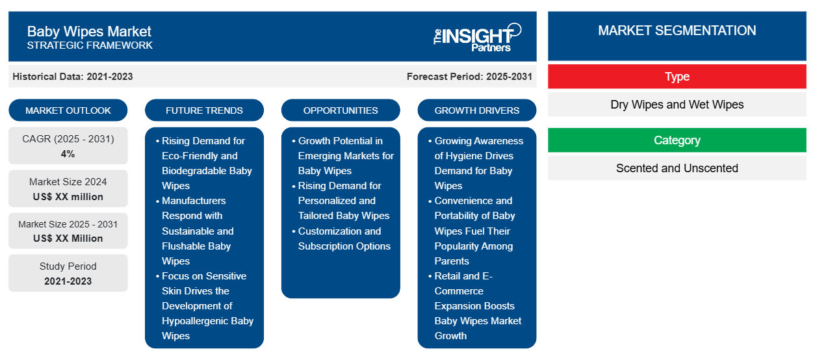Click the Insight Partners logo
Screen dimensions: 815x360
click(x=477, y=38)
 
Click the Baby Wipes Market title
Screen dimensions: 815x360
click(x=89, y=32)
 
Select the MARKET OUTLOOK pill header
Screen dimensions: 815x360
click(x=68, y=110)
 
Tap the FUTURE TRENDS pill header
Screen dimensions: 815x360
click(x=204, y=110)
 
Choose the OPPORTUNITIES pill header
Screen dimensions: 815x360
click(x=341, y=110)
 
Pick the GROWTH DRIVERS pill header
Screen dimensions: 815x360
click(x=476, y=110)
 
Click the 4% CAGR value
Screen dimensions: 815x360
click(x=68, y=154)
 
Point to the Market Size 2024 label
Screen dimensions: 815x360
click(x=68, y=182)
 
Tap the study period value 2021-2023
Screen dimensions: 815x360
click(x=68, y=281)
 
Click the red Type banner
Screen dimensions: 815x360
click(x=677, y=77)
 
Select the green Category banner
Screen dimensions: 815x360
click(x=677, y=140)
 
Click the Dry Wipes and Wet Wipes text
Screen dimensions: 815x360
click(x=677, y=105)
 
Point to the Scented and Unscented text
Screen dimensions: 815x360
click(x=677, y=168)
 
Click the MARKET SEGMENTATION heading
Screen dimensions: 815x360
click(x=677, y=31)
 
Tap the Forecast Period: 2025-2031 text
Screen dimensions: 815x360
click(x=469, y=77)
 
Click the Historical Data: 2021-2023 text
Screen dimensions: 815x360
click(x=73, y=77)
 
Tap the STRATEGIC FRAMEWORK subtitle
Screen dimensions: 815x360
click(x=90, y=45)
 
